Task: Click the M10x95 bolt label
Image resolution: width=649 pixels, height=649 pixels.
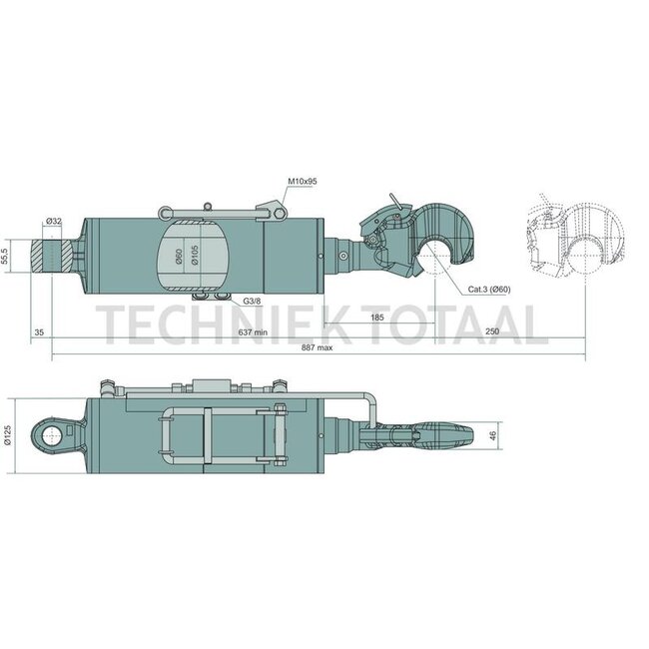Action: [303, 182]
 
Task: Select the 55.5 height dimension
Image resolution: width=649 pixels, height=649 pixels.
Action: [6, 255]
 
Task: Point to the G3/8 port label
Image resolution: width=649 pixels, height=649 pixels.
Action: [252, 301]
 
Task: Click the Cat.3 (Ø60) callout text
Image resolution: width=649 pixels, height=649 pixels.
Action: [489, 290]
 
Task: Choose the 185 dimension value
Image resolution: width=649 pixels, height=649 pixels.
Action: [377, 318]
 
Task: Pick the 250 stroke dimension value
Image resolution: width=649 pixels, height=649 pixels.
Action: [492, 331]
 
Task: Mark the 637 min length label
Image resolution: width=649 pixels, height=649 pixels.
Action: [254, 331]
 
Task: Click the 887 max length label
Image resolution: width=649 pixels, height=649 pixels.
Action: [318, 347]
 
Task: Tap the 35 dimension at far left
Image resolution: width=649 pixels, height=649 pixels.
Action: [39, 331]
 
